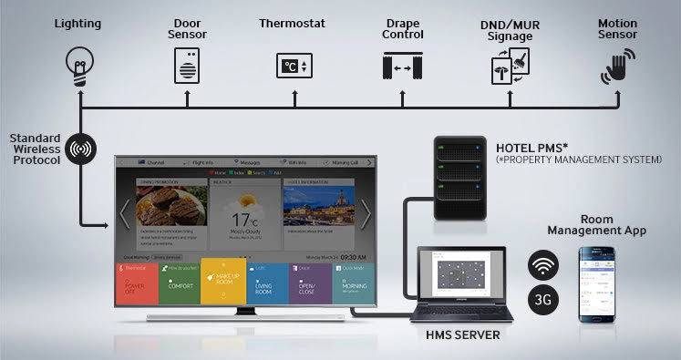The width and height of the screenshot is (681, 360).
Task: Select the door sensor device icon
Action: (188, 66)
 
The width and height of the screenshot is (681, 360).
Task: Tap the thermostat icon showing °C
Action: (294, 66)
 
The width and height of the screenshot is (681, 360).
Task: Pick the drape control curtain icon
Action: (402, 67)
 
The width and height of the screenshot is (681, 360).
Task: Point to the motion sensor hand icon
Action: (616, 67)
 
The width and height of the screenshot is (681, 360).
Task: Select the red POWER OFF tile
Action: (139, 284)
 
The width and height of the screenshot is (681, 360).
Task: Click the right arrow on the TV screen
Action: (366, 214)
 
